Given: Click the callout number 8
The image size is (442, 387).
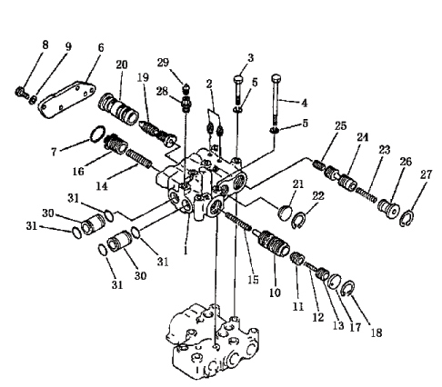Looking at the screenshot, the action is coord(45,45).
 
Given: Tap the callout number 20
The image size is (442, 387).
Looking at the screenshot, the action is coord(122,64).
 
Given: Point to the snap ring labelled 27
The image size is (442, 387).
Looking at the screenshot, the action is coord(407,219).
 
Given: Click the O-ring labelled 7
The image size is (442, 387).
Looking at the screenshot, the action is coord(98,134).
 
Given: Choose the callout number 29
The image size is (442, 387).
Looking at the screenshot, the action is coord(163,63).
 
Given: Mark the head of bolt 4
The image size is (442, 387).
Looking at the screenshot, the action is coord(276,78).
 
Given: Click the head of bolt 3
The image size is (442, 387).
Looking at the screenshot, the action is coord(238,79).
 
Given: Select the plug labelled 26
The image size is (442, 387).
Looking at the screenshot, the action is coord(388,209).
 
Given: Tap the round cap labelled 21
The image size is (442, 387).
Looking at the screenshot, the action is coord(286,213).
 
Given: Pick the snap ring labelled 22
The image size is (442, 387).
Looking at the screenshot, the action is coord(298,221).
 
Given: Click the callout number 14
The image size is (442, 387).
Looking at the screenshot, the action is coord(102,186).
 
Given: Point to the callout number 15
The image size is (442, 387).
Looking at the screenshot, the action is coord(253,280).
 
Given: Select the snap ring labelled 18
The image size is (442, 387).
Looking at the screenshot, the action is coord(347,289).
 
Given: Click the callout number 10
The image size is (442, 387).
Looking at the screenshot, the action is coord(275,293).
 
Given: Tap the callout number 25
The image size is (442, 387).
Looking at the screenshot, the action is coord(340,125).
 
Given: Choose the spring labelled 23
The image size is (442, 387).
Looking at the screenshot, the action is coord(367,195).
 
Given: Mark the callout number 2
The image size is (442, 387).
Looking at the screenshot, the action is coord(209,84).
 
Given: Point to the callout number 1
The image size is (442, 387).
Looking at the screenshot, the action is coord(186,251).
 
